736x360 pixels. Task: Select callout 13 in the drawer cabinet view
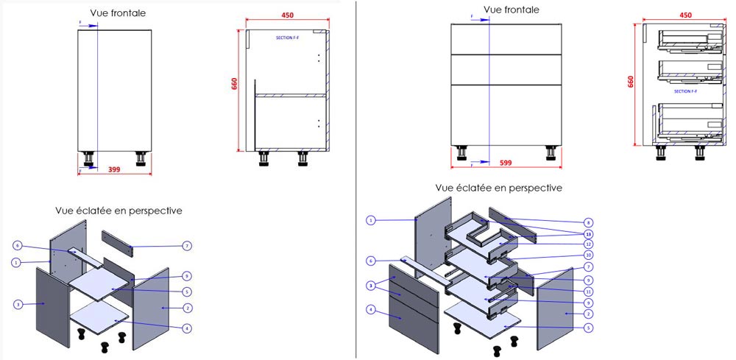tap(588, 233)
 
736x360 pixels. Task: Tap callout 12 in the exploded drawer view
tap(588, 244)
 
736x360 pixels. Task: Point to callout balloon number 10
tap(588, 255)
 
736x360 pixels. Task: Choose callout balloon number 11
tap(588, 291)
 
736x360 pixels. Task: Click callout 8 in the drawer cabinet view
tap(588, 222)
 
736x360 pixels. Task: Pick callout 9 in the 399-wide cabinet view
tap(188, 276)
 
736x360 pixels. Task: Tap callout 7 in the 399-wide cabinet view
tap(188, 245)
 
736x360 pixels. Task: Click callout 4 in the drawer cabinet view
tap(371, 309)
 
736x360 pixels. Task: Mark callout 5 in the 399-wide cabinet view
tap(188, 292)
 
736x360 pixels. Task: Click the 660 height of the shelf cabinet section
tap(235, 83)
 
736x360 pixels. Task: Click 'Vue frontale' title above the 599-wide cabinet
tap(512, 10)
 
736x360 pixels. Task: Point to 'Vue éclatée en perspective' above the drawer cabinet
tap(499, 188)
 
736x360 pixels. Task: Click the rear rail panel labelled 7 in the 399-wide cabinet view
tap(118, 241)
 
